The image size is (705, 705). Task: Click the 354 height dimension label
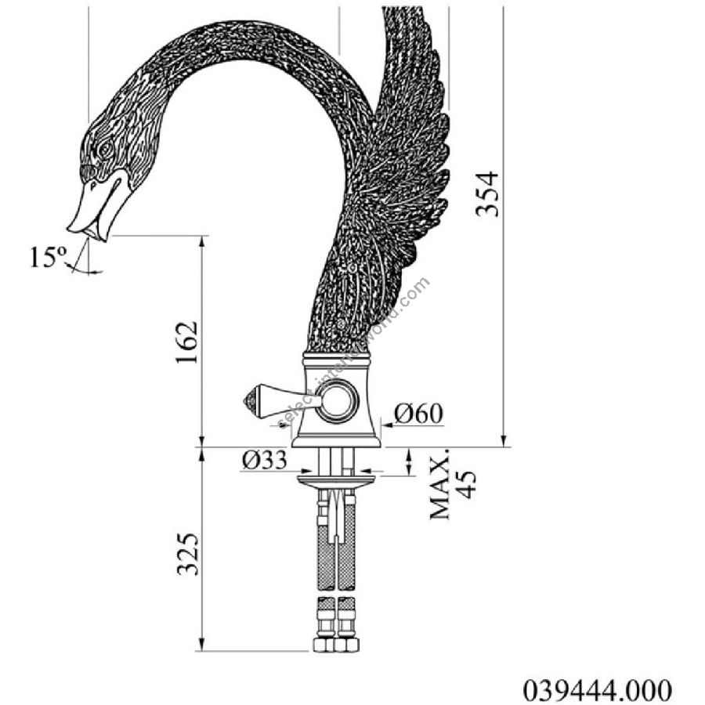click(488, 193)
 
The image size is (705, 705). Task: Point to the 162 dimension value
click(186, 342)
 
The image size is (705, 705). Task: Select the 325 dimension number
click(187, 554)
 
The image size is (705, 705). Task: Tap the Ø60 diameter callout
click(418, 413)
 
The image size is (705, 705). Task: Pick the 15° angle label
click(48, 257)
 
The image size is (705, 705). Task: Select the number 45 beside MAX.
click(468, 485)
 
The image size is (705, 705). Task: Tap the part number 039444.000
click(598, 689)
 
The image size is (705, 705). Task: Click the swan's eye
click(107, 148)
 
